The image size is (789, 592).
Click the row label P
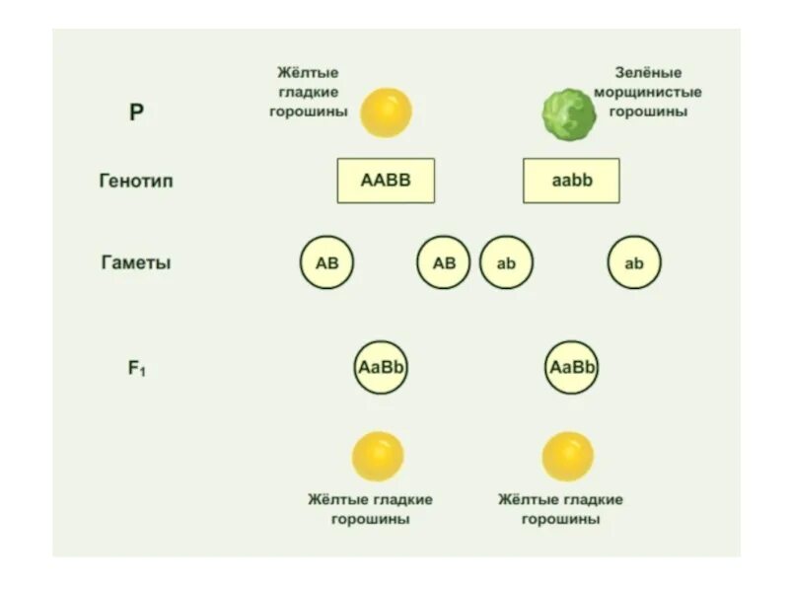(136, 112)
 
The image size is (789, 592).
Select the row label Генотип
(136, 182)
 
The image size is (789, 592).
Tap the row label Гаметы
(136, 263)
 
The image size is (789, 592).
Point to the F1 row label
(136, 369)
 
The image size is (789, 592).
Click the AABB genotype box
(386, 181)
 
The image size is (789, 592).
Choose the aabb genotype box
(571, 181)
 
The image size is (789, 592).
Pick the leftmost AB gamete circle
(326, 263)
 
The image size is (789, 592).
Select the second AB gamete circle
(444, 263)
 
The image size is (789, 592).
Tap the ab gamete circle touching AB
(506, 263)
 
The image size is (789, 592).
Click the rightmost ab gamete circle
(634, 263)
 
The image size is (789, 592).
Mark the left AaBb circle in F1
(381, 368)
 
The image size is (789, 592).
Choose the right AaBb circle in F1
(571, 368)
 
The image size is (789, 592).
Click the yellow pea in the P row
(386, 111)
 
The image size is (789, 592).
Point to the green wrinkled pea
(569, 113)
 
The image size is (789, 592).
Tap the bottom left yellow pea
(378, 456)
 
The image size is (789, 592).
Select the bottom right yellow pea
(568, 456)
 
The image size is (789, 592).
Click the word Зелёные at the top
(648, 73)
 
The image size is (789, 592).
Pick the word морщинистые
(648, 92)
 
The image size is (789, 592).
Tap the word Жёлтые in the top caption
(308, 73)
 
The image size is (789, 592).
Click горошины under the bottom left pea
(370, 519)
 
